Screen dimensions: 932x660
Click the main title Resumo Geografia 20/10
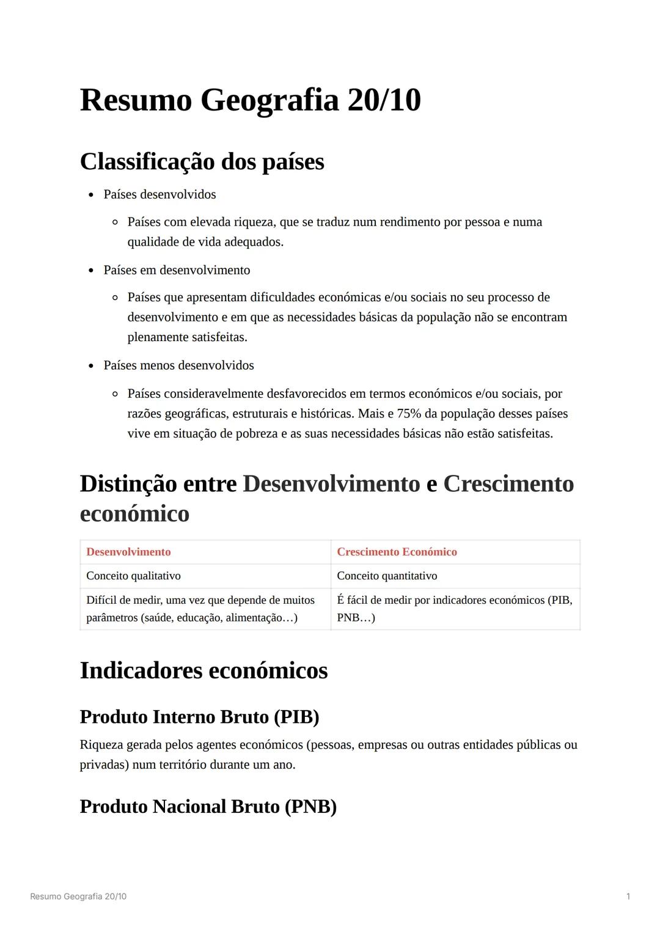250,100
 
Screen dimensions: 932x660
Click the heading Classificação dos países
202,162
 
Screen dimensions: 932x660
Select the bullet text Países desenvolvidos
159,194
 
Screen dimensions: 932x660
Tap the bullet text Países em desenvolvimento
177,270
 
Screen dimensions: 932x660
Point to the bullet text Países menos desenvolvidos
178,365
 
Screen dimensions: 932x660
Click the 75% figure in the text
409,414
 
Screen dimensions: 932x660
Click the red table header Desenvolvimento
128,552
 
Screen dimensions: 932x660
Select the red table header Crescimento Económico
397,552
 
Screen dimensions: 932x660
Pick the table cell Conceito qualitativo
133,576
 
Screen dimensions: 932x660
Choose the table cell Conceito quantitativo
387,576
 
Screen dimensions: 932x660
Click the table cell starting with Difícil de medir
200,609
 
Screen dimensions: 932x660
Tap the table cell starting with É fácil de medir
454,609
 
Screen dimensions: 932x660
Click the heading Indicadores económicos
204,670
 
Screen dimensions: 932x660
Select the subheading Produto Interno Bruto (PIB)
199,717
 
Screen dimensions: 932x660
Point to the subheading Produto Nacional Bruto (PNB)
208,807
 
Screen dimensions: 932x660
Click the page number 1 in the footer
628,897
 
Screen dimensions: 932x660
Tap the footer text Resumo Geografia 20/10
78,897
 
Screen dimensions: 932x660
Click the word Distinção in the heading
128,484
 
